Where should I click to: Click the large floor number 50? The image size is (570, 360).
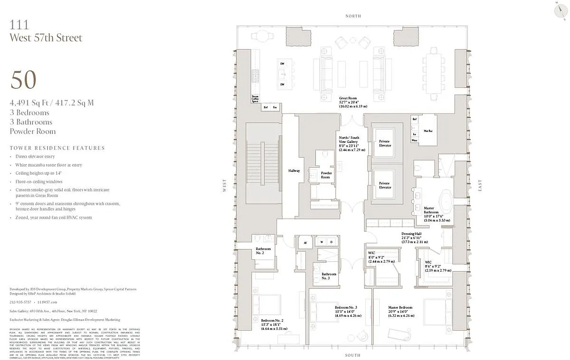23,80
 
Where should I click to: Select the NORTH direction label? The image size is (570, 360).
353,16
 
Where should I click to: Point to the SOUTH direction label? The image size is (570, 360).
352,355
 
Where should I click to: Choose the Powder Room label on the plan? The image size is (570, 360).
326,175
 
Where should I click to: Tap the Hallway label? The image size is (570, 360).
294,171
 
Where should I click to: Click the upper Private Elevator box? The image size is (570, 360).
385,143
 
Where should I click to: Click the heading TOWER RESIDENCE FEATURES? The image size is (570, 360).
57,148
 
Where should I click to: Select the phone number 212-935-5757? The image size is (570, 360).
20,302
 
